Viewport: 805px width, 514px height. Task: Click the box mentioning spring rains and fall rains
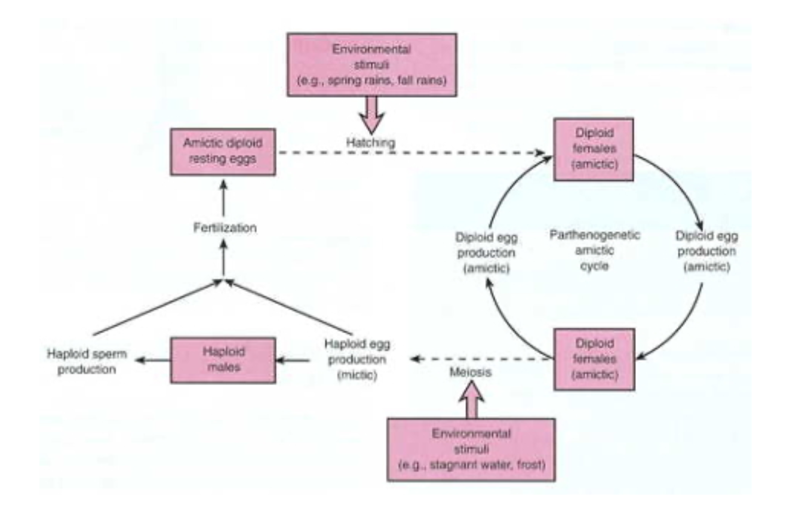click(x=372, y=64)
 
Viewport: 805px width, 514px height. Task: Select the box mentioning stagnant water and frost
click(x=471, y=449)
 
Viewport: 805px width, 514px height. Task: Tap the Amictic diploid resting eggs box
click(x=223, y=151)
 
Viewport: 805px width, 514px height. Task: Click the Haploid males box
click(x=223, y=360)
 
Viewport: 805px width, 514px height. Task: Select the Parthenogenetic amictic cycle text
click(x=594, y=250)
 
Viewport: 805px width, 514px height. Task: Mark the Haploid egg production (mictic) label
click(x=355, y=361)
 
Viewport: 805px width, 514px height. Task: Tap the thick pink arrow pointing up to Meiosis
click(x=472, y=400)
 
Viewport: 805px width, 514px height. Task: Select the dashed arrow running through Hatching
click(x=412, y=153)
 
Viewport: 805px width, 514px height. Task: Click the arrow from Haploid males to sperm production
click(x=153, y=360)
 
